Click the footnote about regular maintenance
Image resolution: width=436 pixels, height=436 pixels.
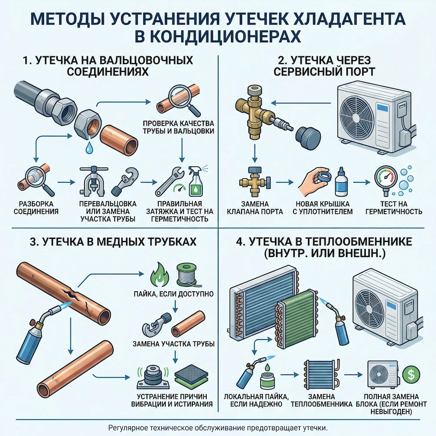coord(218,427)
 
